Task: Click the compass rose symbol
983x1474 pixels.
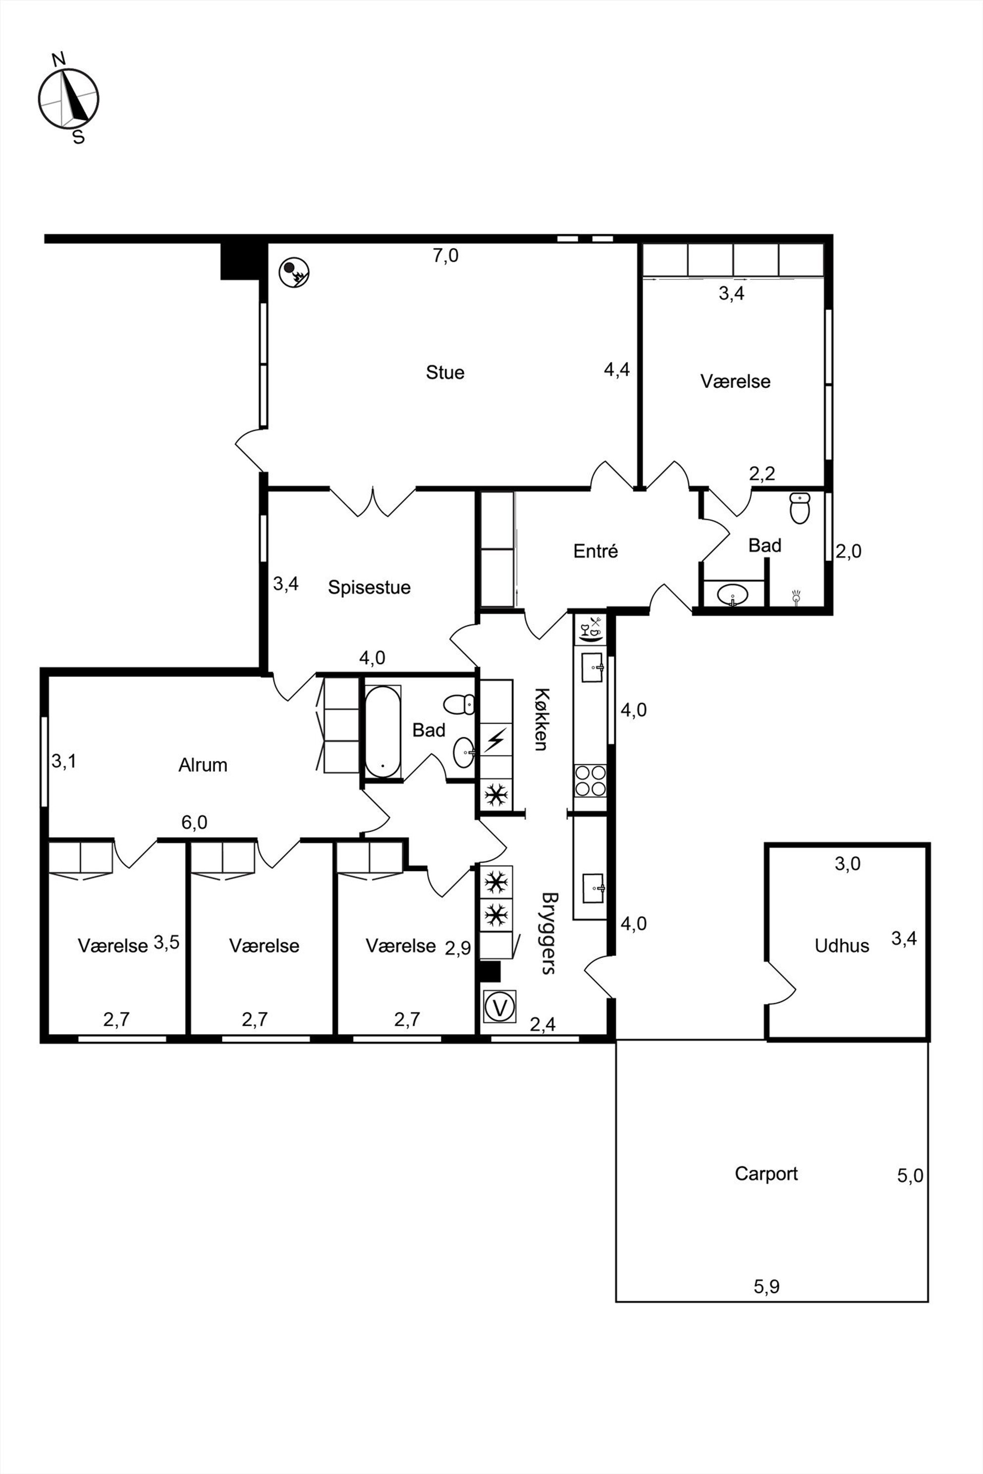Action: click(68, 99)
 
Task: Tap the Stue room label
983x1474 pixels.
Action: click(445, 372)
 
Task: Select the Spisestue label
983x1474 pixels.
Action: click(369, 587)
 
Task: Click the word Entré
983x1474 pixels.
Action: click(596, 551)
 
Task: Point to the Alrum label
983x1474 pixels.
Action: click(203, 765)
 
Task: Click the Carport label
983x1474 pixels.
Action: click(766, 1173)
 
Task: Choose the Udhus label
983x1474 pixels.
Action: click(842, 946)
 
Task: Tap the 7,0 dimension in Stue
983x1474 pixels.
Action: click(446, 256)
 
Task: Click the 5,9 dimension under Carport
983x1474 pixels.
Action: click(766, 1287)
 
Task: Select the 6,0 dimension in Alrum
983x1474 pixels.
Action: click(194, 822)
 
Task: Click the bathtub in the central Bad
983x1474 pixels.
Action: click(382, 732)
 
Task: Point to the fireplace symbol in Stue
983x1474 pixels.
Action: click(294, 272)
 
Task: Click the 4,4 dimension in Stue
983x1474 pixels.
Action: click(617, 370)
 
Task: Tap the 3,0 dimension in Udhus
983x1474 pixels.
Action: click(848, 864)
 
